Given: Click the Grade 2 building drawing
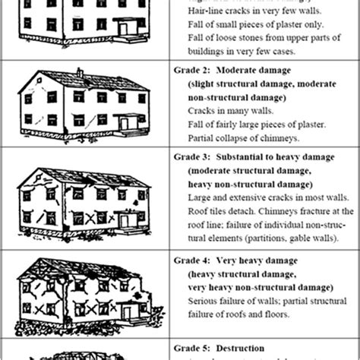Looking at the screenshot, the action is pos(84,102).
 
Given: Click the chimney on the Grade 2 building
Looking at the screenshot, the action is pos(79,74).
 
